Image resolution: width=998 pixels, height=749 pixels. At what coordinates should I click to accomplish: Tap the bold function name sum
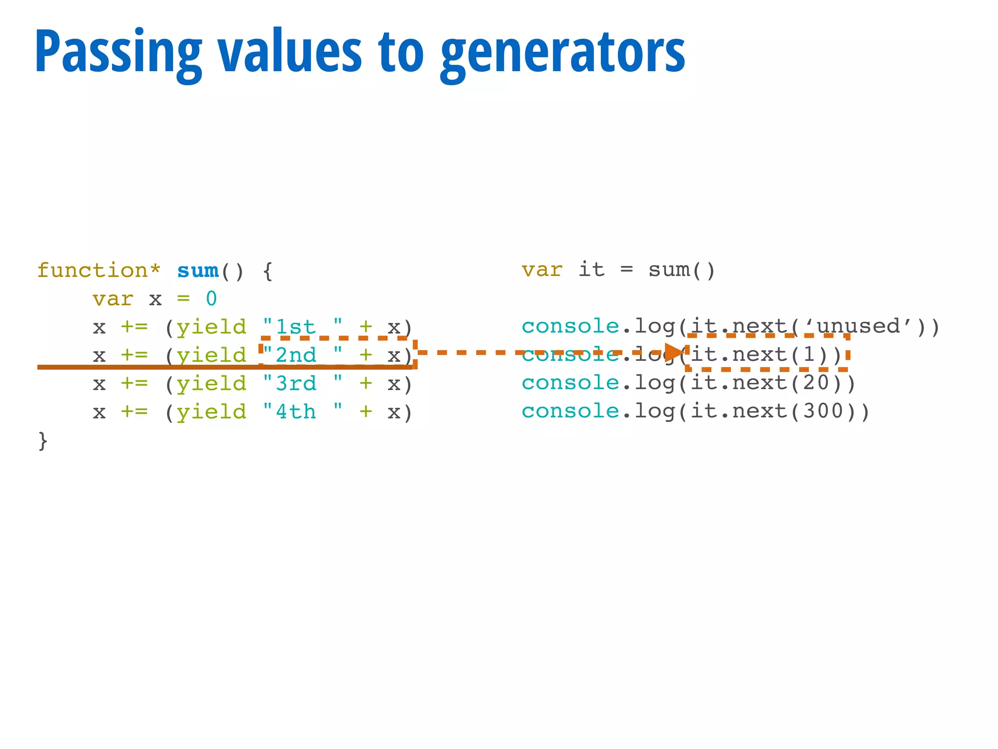pyautogui.click(x=198, y=271)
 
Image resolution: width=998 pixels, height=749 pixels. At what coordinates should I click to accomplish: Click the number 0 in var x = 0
pyautogui.click(x=211, y=299)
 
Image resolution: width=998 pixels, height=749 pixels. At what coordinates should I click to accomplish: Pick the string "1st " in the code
pyautogui.click(x=302, y=327)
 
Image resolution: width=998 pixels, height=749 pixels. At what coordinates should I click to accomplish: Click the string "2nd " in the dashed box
pyautogui.click(x=302, y=355)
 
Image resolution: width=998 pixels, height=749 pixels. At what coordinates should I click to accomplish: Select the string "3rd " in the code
pyautogui.click(x=302, y=384)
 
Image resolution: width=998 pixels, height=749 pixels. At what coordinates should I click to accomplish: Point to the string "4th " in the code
pyautogui.click(x=302, y=412)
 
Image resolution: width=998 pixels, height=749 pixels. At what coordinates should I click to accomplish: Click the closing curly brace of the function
pyautogui.click(x=43, y=441)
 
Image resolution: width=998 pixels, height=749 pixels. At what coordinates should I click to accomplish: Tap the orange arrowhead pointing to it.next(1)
pyautogui.click(x=674, y=352)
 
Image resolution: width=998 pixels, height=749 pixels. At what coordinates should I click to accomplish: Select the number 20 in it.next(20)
pyautogui.click(x=816, y=383)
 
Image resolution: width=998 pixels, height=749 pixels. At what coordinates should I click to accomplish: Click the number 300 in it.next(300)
pyautogui.click(x=823, y=412)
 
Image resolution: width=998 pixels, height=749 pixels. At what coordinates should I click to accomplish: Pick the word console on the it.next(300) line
pyautogui.click(x=570, y=412)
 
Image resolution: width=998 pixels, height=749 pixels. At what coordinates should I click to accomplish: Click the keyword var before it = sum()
pyautogui.click(x=542, y=270)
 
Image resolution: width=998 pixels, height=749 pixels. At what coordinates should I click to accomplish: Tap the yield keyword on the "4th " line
pyautogui.click(x=211, y=413)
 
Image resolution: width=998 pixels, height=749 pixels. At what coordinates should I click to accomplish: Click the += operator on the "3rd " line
pyautogui.click(x=134, y=384)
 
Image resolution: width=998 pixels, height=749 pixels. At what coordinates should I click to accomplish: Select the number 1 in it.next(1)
pyautogui.click(x=809, y=355)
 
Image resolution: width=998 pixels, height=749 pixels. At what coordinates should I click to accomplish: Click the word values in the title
pyautogui.click(x=290, y=53)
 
